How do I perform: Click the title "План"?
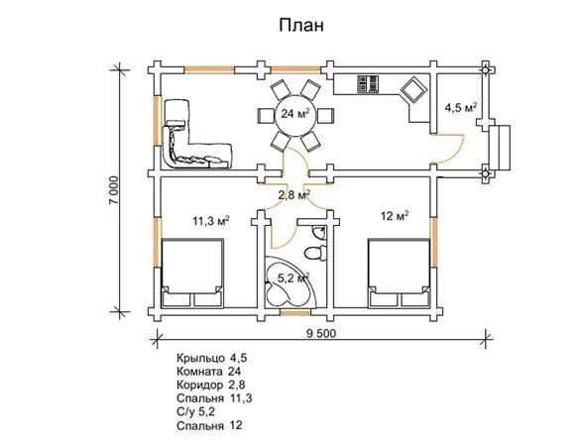tap(301, 26)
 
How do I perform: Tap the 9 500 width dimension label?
tap(321, 333)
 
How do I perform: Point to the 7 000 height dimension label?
tap(115, 189)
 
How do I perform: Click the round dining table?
tap(295, 115)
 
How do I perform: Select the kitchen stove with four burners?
tap(368, 84)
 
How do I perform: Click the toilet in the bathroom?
tap(315, 253)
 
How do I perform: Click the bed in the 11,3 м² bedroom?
tap(192, 273)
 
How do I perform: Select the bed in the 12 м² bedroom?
tap(399, 273)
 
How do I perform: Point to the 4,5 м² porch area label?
tap(461, 108)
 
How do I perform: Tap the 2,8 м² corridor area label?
tap(293, 194)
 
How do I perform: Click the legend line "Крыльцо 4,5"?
tap(211, 358)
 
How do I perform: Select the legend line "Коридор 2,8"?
tap(210, 385)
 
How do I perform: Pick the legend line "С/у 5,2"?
tap(195, 412)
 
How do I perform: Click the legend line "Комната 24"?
tap(208, 372)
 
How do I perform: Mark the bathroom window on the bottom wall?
tap(295, 313)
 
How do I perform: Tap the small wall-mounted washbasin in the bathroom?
tap(318, 233)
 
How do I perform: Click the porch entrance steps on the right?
tap(500, 147)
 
